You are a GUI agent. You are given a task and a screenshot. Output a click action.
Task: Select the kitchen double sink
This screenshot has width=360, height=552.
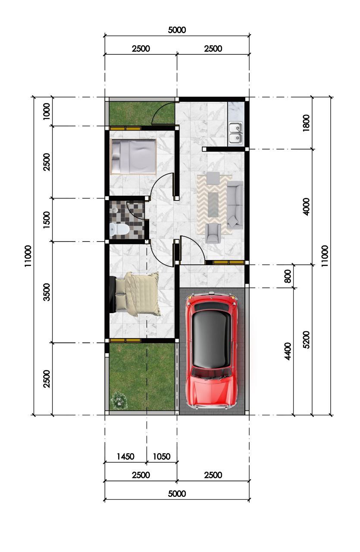click(235, 133)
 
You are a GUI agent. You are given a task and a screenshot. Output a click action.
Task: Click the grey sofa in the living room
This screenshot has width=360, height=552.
click(235, 204)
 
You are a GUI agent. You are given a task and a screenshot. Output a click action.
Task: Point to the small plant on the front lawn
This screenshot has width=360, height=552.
click(119, 400)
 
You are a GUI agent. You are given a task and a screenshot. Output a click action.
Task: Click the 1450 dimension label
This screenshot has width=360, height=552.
click(125, 457)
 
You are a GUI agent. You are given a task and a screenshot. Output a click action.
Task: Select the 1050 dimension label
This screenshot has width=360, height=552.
click(161, 457)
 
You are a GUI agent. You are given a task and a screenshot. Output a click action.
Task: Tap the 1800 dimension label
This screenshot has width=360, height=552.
click(306, 123)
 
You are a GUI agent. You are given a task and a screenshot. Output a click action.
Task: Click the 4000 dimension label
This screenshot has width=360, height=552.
click(306, 207)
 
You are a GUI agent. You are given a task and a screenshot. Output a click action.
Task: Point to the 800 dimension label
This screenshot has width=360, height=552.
click(288, 276)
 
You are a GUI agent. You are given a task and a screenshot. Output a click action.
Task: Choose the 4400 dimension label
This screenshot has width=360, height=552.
click(288, 351)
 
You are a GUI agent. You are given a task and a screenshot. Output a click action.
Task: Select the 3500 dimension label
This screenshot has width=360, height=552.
click(46, 292)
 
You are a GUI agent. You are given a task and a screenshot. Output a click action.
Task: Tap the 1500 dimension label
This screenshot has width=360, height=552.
click(46, 220)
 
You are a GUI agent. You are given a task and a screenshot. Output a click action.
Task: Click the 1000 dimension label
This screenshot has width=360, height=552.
click(46, 111)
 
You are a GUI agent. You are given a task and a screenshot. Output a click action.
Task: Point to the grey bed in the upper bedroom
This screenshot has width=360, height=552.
click(133, 157)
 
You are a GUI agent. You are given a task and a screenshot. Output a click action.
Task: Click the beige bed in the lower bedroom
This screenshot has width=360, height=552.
click(135, 294)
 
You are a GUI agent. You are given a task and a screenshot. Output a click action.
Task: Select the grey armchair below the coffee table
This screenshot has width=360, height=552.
click(213, 233)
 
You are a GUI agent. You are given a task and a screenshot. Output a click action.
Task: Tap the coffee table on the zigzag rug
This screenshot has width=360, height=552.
click(213, 204)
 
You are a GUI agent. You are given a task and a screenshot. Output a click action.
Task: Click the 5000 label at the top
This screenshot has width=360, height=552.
click(177, 30)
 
